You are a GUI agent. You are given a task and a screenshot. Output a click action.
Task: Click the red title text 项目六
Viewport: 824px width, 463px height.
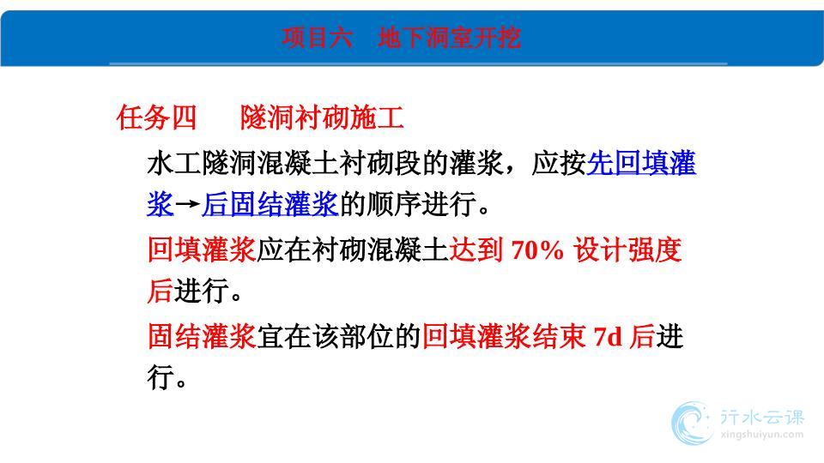click(x=317, y=37)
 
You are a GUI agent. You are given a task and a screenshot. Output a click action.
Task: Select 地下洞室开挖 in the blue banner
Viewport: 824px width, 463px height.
click(x=449, y=37)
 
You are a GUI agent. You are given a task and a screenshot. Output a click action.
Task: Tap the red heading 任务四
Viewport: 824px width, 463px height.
click(x=156, y=117)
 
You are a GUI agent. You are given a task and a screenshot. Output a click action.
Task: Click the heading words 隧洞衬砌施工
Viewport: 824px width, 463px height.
click(x=322, y=117)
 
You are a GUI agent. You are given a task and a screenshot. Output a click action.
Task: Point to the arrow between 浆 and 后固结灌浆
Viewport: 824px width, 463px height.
click(x=188, y=205)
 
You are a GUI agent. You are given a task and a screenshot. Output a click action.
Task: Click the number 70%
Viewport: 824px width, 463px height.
click(x=536, y=250)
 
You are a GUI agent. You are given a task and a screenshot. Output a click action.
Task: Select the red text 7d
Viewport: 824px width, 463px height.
click(x=609, y=336)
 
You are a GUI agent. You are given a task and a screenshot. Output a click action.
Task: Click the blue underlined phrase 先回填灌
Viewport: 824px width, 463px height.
click(x=641, y=163)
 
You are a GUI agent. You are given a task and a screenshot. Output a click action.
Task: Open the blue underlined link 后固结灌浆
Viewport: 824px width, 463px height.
click(x=270, y=204)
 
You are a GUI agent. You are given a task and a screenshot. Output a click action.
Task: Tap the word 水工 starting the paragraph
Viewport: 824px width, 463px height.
click(x=174, y=163)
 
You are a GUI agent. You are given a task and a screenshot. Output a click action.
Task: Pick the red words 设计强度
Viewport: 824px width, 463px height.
click(x=627, y=250)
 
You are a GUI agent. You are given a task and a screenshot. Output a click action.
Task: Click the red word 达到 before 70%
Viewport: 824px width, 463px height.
click(x=476, y=250)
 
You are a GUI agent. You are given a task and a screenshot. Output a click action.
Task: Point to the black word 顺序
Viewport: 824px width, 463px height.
click(x=393, y=204)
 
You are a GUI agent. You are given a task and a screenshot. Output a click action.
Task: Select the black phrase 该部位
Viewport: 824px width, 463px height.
click(x=353, y=336)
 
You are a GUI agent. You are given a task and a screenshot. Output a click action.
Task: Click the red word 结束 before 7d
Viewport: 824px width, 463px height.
click(x=559, y=336)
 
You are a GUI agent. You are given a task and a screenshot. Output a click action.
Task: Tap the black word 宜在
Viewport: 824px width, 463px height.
click(x=284, y=336)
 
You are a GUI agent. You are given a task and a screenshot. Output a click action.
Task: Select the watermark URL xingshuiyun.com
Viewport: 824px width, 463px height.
click(x=762, y=435)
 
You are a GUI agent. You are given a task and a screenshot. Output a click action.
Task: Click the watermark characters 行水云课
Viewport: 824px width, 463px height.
click(x=762, y=417)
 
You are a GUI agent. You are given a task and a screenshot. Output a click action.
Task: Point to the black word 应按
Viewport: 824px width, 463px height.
click(x=559, y=163)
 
